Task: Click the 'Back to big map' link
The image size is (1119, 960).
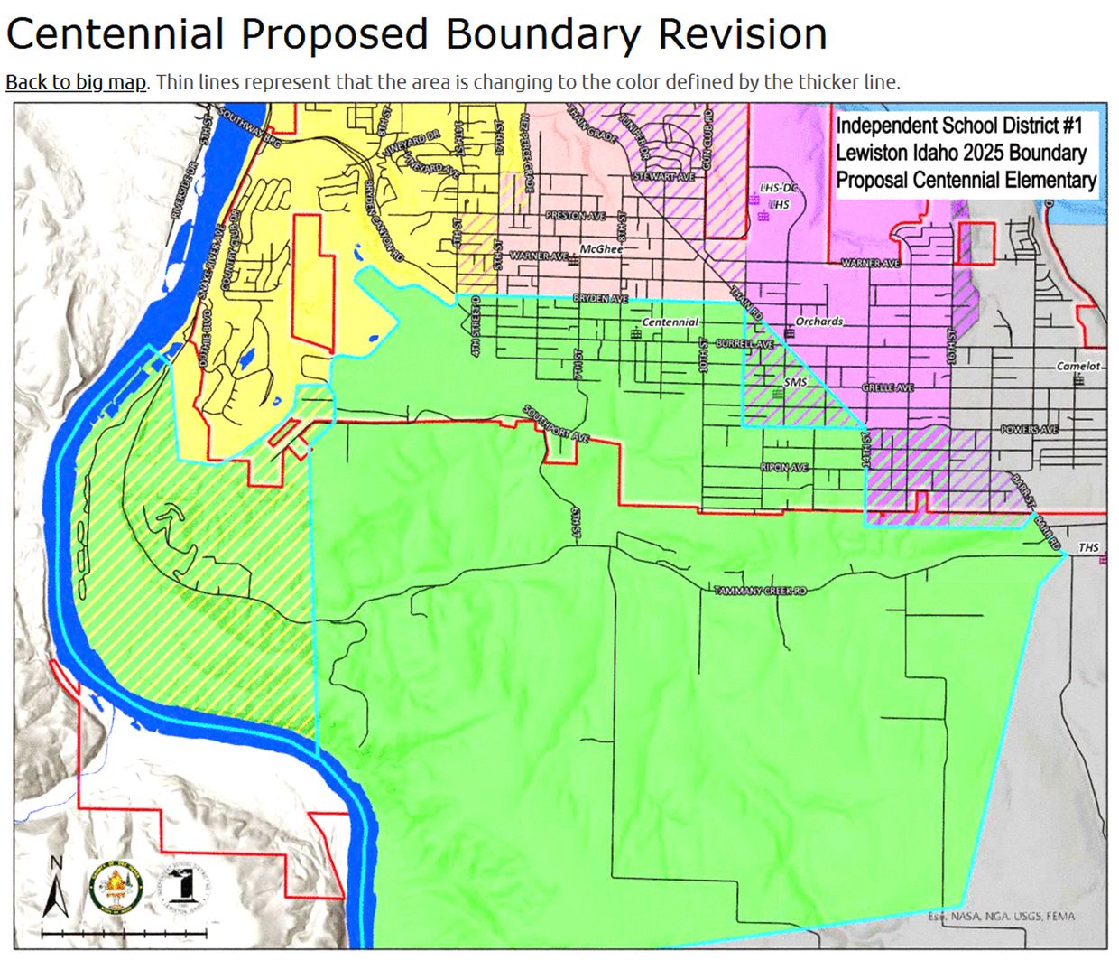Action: point(75,82)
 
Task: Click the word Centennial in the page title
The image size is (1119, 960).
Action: point(115,34)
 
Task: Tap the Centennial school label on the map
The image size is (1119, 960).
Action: point(670,322)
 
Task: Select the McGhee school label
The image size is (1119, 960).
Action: point(601,248)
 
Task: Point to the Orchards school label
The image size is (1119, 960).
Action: point(818,322)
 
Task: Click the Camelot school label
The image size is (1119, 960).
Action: point(1078,367)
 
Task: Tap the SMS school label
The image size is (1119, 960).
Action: point(795,382)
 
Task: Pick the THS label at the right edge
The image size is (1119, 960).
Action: point(1089,548)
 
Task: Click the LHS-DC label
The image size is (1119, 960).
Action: point(780,188)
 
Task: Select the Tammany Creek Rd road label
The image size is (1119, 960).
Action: point(760,591)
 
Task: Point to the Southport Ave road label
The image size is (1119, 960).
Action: point(555,424)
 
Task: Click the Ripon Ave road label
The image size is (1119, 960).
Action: point(784,468)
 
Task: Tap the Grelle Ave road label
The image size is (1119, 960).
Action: point(888,387)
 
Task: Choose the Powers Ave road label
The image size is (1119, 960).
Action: point(1029,430)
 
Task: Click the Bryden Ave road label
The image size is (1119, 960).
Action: point(600,298)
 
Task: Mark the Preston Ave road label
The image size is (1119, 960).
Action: point(576,216)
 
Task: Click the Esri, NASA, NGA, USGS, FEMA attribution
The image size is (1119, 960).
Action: point(1002,917)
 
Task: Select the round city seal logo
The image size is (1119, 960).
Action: point(115,888)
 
